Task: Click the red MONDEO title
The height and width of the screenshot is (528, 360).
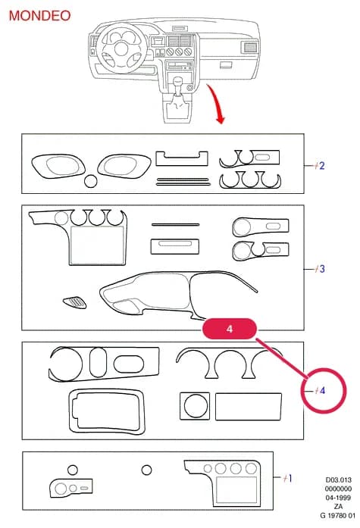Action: point(39,16)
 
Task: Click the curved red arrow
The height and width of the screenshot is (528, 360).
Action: point(216,103)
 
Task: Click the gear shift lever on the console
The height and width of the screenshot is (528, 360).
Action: point(177,88)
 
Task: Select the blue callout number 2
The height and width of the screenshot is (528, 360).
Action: point(321,166)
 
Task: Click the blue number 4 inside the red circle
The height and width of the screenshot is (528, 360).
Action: point(322,390)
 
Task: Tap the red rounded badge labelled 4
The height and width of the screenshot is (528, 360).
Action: point(230,329)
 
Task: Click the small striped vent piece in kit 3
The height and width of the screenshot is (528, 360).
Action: point(75,302)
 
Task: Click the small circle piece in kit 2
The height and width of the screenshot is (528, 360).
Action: point(91,181)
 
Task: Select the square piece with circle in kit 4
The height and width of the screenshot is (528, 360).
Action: point(195,406)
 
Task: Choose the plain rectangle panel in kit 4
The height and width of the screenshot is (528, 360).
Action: point(248,407)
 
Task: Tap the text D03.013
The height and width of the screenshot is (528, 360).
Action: point(339,480)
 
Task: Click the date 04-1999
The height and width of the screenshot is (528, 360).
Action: point(339,498)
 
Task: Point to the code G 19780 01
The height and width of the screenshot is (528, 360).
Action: point(338,516)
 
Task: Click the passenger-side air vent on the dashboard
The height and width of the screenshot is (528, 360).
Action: point(249,47)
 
